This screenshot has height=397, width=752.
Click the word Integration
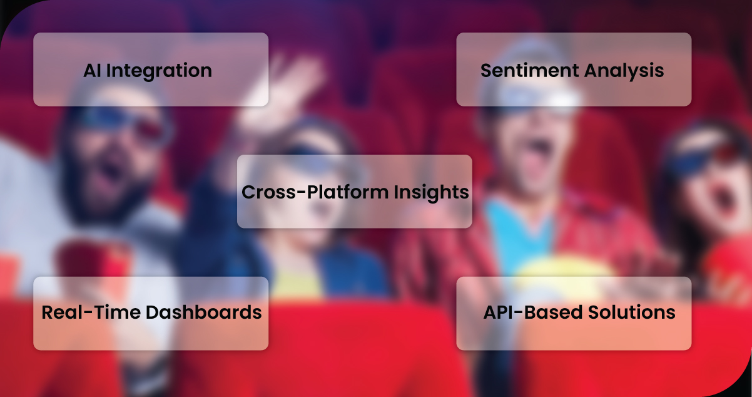point(159,71)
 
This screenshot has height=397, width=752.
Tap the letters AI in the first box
point(93,71)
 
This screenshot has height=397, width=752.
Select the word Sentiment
point(529,71)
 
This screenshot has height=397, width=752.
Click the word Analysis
point(624,71)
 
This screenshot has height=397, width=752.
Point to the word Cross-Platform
point(315,192)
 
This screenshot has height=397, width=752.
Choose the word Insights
point(432,193)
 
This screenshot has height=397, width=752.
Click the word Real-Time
point(91,312)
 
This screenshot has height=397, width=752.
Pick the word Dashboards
point(204,312)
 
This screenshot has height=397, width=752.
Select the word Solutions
point(631,312)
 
